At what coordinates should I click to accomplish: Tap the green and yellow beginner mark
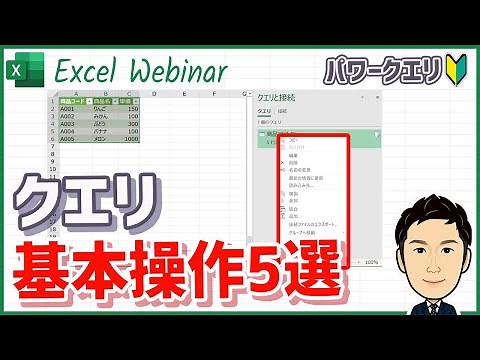(x=455, y=70)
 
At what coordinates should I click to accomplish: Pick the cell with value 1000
(x=127, y=139)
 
